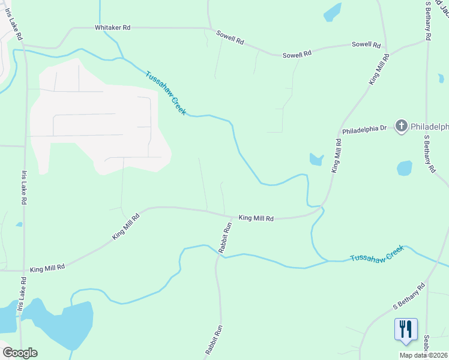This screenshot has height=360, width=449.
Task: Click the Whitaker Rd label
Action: point(113,28)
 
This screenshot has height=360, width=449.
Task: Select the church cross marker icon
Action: point(402,126)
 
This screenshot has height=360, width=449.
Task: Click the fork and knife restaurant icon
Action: point(406,329)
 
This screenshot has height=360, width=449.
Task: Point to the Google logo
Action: point(20,353)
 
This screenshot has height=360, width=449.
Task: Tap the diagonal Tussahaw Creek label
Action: point(166,93)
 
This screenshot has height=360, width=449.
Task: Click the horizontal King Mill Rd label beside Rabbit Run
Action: point(256,218)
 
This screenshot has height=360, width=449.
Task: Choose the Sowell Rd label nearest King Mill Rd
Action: point(366,45)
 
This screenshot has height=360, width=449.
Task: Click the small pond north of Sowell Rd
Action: point(331,13)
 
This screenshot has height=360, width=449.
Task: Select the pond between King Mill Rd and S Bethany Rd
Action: point(404,168)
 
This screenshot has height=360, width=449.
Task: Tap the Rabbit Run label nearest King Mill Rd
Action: point(226,238)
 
